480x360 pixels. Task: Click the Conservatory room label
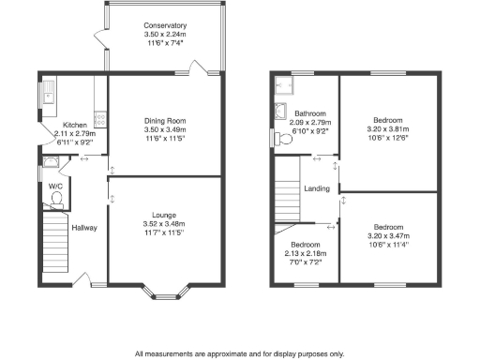(x=164, y=25)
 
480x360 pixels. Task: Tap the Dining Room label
(x=165, y=120)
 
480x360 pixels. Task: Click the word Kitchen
(x=75, y=125)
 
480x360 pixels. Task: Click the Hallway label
(x=84, y=228)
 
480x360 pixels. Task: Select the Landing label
(x=316, y=189)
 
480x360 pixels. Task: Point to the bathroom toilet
(x=285, y=139)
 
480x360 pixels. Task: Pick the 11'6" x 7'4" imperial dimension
(x=164, y=43)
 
